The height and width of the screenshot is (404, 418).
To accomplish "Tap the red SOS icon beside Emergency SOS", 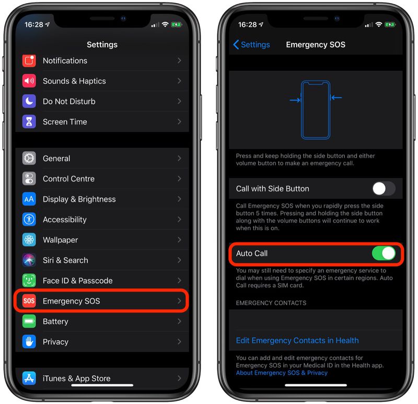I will pyautogui.click(x=29, y=301).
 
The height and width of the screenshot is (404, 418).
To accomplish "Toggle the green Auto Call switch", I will pyautogui.click(x=384, y=254).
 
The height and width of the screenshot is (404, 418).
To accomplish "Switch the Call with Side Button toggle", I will pyautogui.click(x=384, y=188).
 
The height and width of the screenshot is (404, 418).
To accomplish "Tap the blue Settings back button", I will pyautogui.click(x=251, y=45).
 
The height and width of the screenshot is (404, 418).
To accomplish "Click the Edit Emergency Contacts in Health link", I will pyautogui.click(x=297, y=340).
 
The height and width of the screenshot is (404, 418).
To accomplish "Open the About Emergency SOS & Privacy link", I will pyautogui.click(x=282, y=373).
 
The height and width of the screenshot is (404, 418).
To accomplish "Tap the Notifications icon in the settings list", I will pyautogui.click(x=29, y=61).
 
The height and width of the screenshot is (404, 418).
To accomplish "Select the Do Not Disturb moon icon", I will pyautogui.click(x=29, y=102).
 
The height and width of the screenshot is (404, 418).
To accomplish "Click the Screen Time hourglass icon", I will pyautogui.click(x=29, y=122).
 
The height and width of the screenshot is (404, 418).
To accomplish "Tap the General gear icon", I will pyautogui.click(x=29, y=159).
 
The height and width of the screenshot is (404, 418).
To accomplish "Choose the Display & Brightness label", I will pyautogui.click(x=79, y=199).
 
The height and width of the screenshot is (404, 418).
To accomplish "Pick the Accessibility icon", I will pyautogui.click(x=29, y=220).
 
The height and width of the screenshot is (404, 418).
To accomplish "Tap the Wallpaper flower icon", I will pyautogui.click(x=29, y=240).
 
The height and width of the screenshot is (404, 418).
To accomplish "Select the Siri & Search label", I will pyautogui.click(x=65, y=260).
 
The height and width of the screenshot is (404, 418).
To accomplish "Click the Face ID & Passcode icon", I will pyautogui.click(x=29, y=280).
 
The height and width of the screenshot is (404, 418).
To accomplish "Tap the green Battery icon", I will pyautogui.click(x=29, y=321).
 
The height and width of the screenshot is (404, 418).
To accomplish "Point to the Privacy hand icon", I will pyautogui.click(x=29, y=342).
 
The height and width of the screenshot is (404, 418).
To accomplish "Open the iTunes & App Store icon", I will pyautogui.click(x=29, y=378).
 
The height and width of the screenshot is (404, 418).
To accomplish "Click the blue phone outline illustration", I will pyautogui.click(x=316, y=109).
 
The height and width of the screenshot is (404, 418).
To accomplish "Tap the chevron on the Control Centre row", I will pyautogui.click(x=179, y=179).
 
